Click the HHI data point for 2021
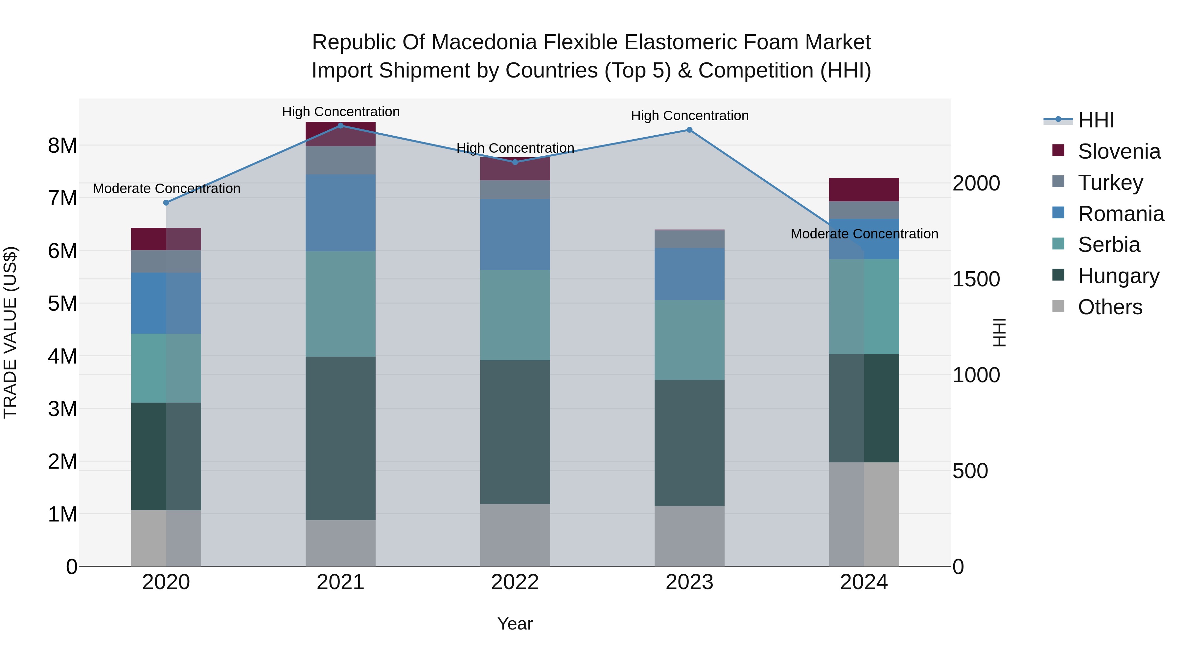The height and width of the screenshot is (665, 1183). pyautogui.click(x=340, y=126)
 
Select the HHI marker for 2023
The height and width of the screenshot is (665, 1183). pyautogui.click(x=689, y=130)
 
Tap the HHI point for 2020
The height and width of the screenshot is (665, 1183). pyautogui.click(x=166, y=202)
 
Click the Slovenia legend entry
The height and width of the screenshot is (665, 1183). pyautogui.click(x=1119, y=151)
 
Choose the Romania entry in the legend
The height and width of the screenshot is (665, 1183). pyautogui.click(x=1121, y=214)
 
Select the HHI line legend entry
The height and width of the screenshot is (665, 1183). pyautogui.click(x=1096, y=120)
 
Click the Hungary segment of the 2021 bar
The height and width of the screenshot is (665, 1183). pyautogui.click(x=340, y=438)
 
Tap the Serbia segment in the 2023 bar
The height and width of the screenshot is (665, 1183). pyautogui.click(x=689, y=340)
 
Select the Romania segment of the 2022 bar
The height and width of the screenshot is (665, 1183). pyautogui.click(x=515, y=234)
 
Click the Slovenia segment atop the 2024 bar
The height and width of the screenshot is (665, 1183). pyautogui.click(x=864, y=189)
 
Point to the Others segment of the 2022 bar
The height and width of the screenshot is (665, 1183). pyautogui.click(x=515, y=535)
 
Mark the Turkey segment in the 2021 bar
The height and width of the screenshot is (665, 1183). pyautogui.click(x=340, y=160)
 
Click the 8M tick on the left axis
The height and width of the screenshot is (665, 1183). pyautogui.click(x=62, y=146)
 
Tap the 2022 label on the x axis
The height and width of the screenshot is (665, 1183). pyautogui.click(x=515, y=582)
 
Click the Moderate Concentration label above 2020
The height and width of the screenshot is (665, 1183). pyautogui.click(x=166, y=188)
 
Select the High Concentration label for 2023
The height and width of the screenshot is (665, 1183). pyautogui.click(x=689, y=116)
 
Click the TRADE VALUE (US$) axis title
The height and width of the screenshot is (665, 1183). pyautogui.click(x=10, y=332)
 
